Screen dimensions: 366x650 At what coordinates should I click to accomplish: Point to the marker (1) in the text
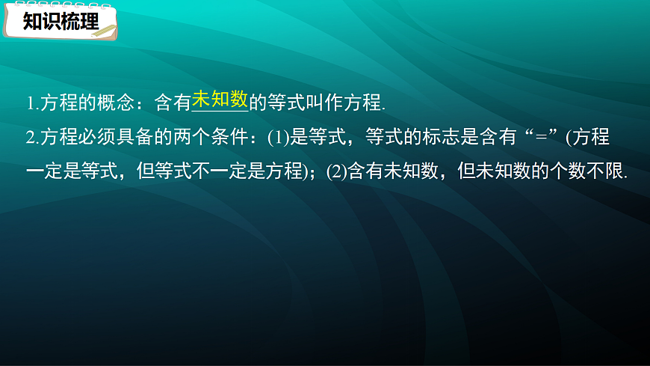[x=278, y=137]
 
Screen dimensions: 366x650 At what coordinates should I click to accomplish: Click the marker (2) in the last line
[x=338, y=171]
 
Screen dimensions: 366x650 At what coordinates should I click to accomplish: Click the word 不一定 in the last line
[x=211, y=171]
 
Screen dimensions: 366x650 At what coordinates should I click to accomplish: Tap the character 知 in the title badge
[x=32, y=22]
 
